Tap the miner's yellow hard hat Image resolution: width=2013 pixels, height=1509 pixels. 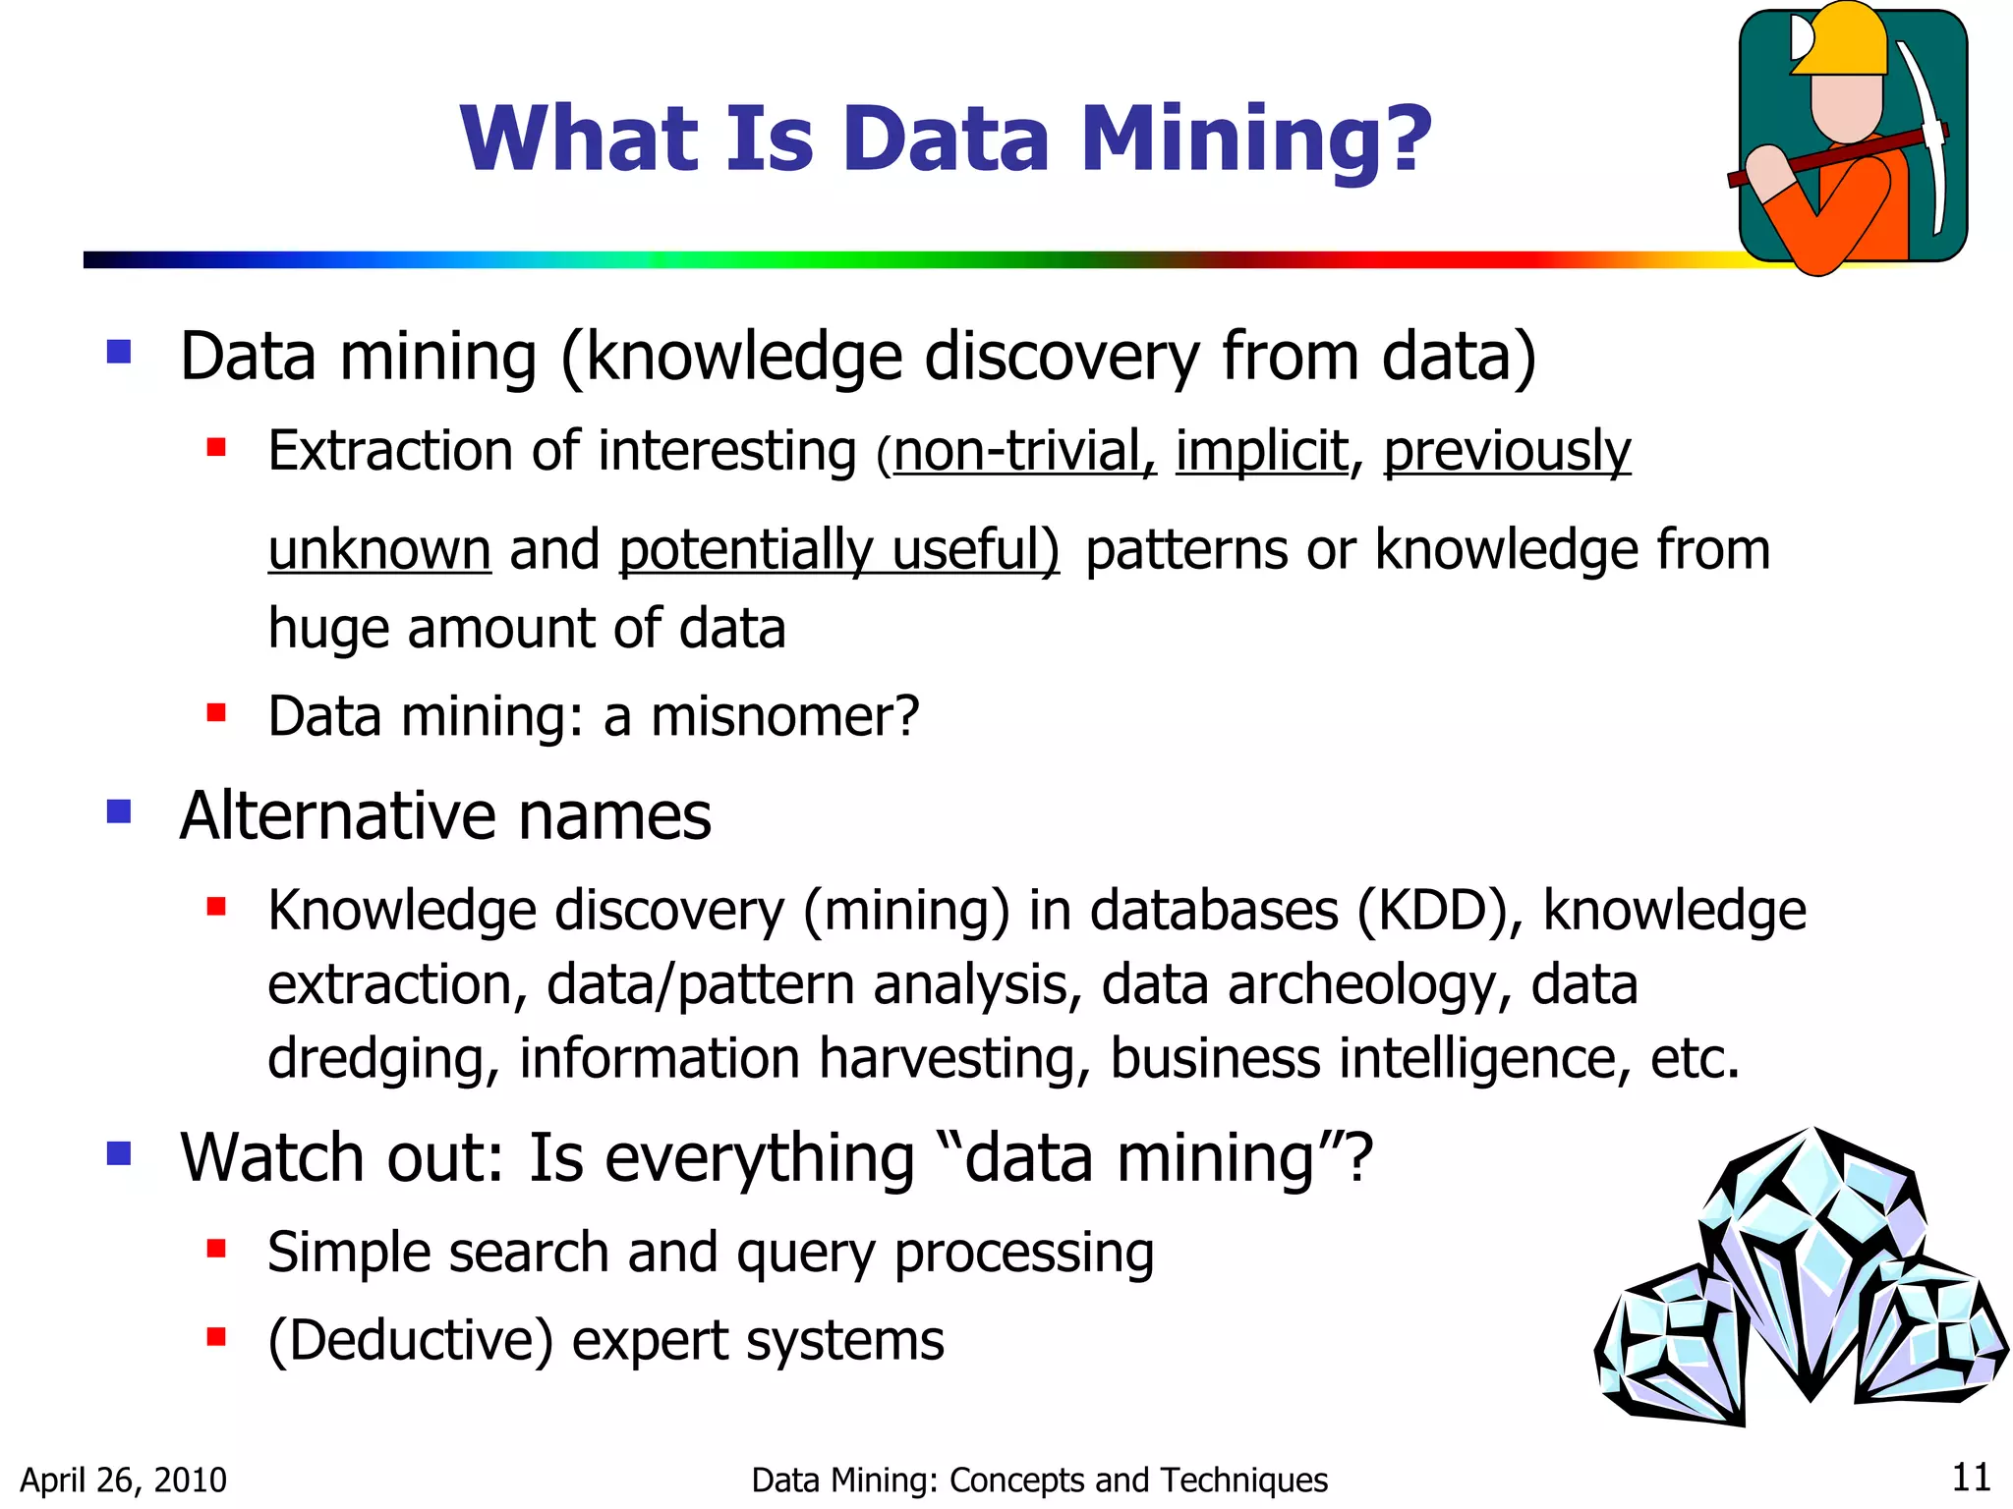coord(1840,39)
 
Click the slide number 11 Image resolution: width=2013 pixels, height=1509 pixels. coord(1971,1478)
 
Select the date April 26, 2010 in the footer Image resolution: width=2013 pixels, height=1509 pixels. coord(124,1481)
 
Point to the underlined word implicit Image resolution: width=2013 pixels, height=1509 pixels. coord(1261,452)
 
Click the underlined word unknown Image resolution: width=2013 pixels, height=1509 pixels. coord(379,550)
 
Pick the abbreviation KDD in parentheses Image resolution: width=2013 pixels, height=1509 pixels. coord(1431,911)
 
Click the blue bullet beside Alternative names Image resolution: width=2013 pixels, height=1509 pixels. coord(119,811)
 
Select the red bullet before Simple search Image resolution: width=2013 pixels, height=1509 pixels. coord(216,1250)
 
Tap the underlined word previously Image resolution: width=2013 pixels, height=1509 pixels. coord(1507,452)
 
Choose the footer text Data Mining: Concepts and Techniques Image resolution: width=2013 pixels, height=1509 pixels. coord(1039,1481)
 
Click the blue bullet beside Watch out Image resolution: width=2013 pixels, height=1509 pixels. coord(119,1152)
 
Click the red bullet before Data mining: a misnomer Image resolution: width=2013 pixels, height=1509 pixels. coord(216,712)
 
